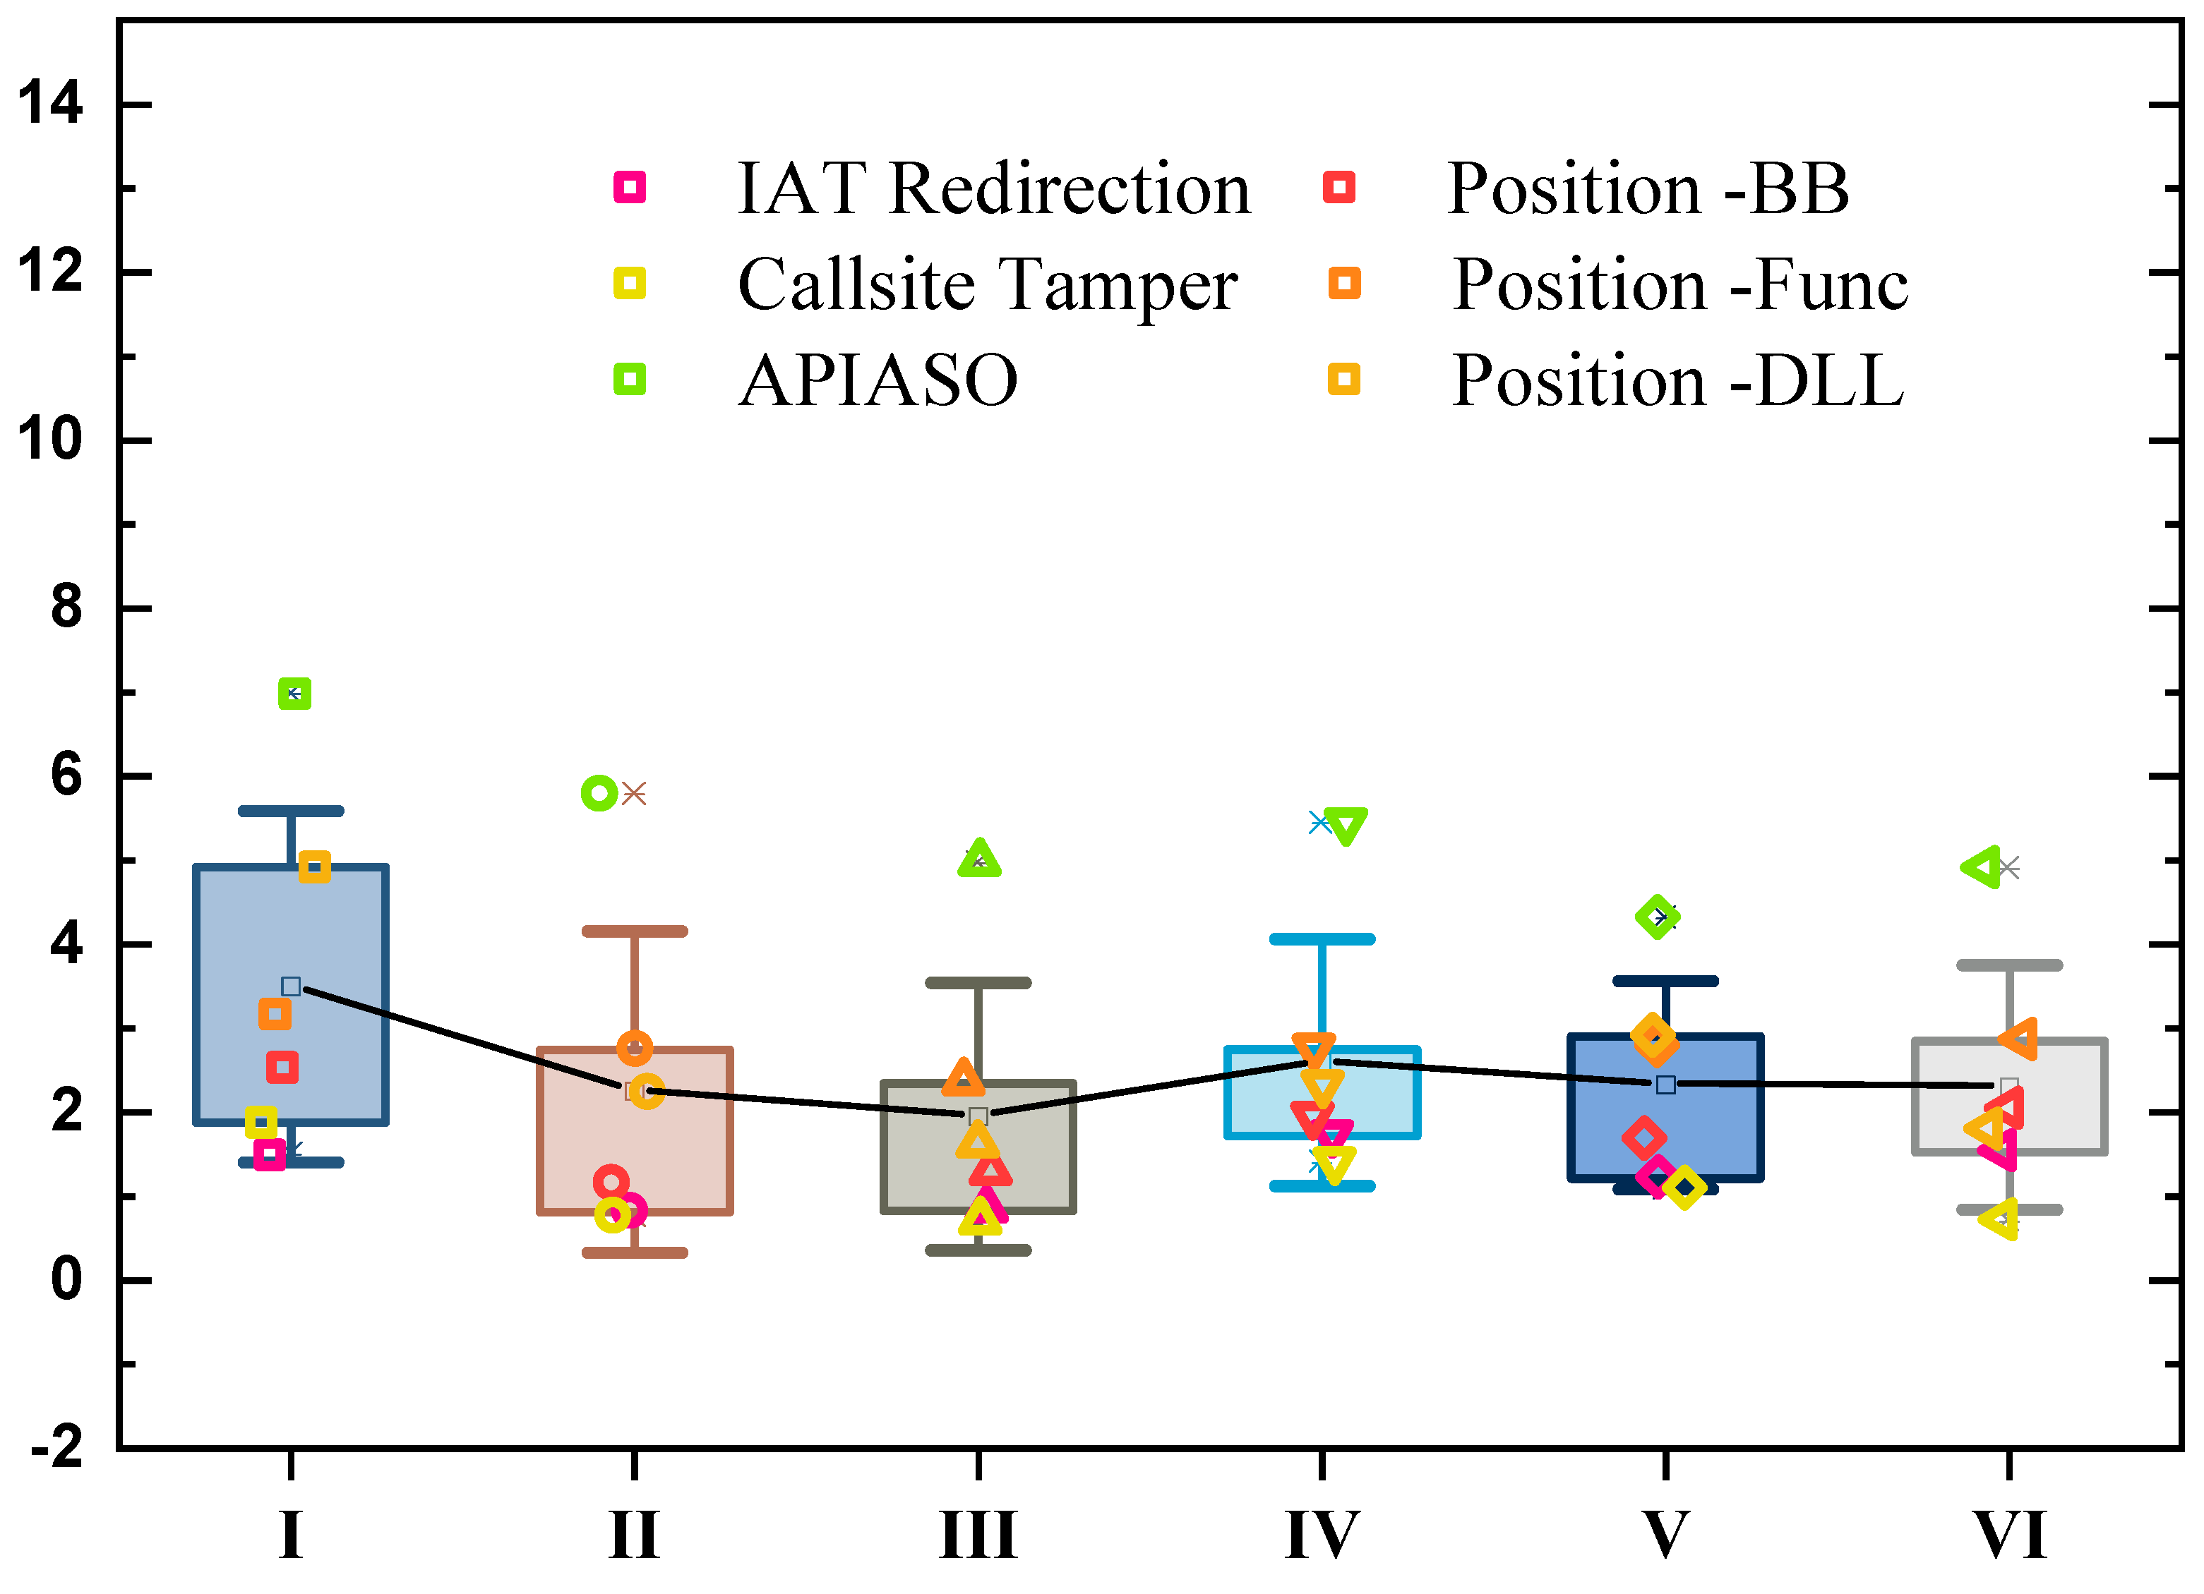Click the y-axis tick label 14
pyautogui.click(x=51, y=103)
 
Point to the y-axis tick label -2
pyautogui.click(x=56, y=1447)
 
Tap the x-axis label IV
pyautogui.click(x=1321, y=1535)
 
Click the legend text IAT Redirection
pyautogui.click(x=993, y=188)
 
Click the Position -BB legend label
pyautogui.click(x=1647, y=188)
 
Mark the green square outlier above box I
pyautogui.click(x=294, y=694)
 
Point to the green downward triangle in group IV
pyautogui.click(x=1346, y=826)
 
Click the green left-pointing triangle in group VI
pyautogui.click(x=1982, y=867)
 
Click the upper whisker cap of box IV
pyautogui.click(x=1322, y=939)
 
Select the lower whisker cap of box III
pyautogui.click(x=978, y=1251)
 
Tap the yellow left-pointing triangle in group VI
pyautogui.click(x=2000, y=1218)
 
